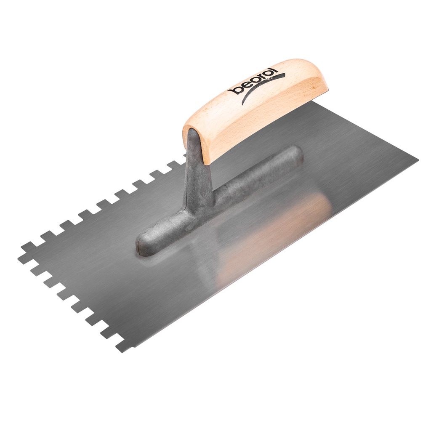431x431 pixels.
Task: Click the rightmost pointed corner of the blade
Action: pos(417,160)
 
